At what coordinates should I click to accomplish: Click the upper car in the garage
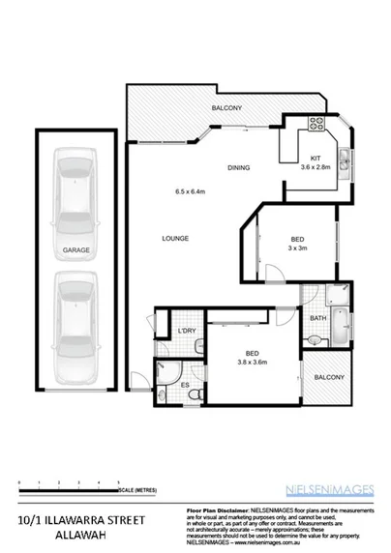pos(75,185)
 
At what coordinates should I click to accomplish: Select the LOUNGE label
pos(175,239)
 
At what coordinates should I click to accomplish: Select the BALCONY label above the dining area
pos(226,107)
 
